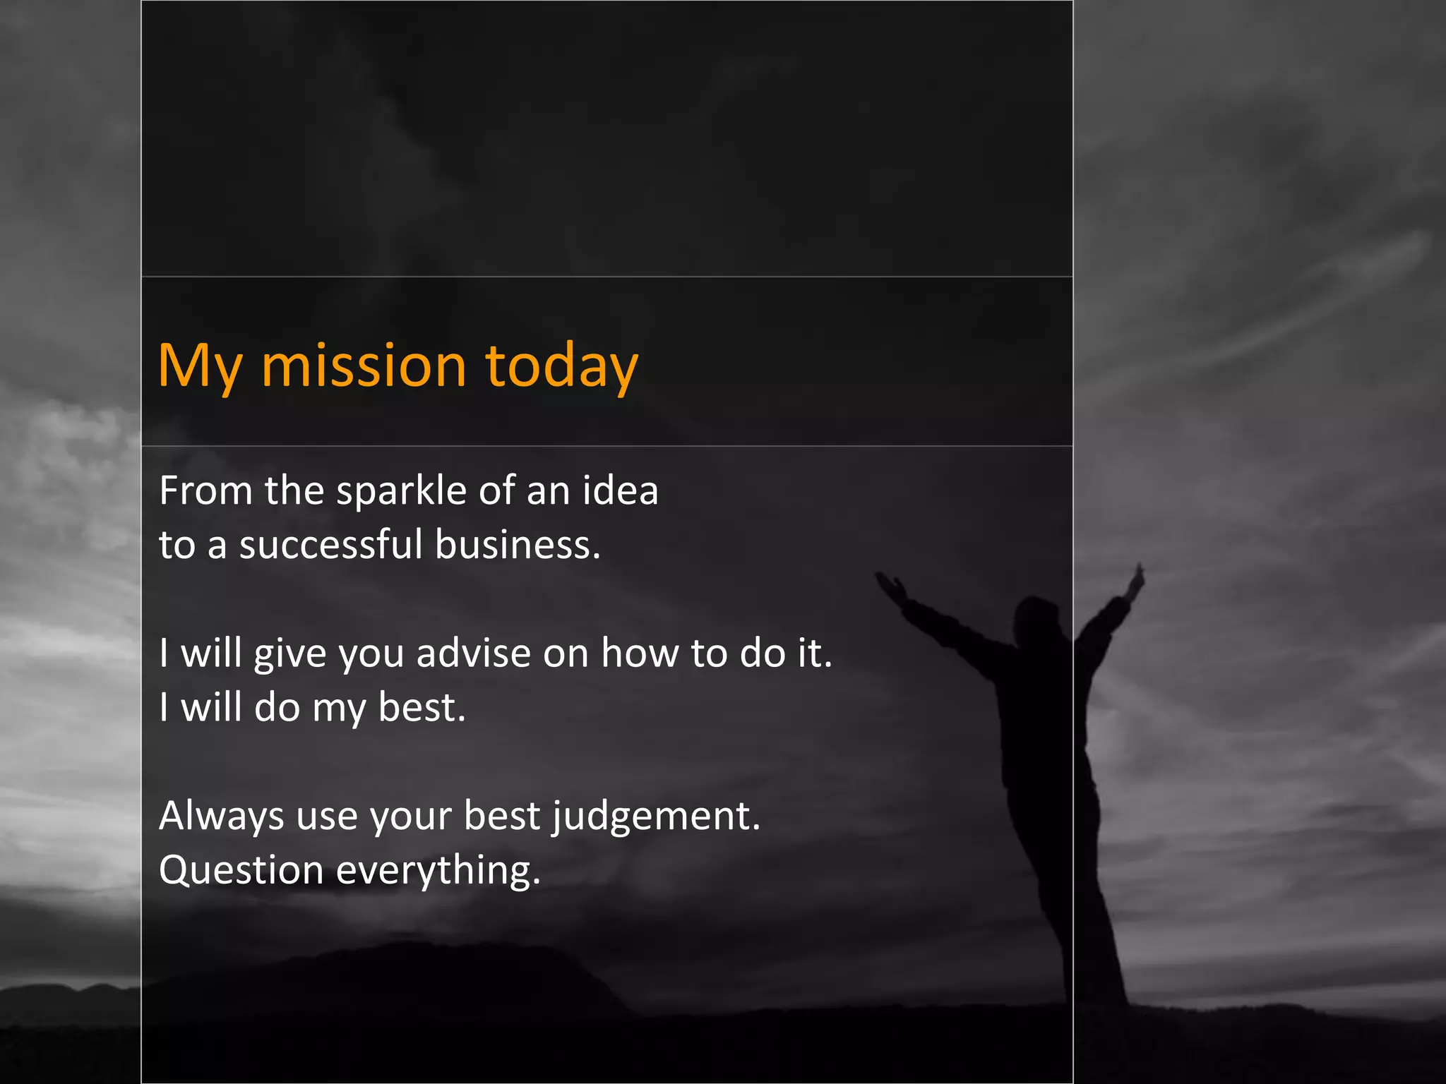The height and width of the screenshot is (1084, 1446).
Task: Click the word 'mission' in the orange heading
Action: pyautogui.click(x=364, y=366)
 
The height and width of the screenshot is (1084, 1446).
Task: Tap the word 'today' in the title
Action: pyautogui.click(x=561, y=366)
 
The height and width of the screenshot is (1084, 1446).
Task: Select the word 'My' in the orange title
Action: pyautogui.click(x=201, y=368)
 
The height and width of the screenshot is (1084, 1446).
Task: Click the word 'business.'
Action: pyautogui.click(x=518, y=545)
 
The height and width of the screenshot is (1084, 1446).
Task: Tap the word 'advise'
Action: pyautogui.click(x=473, y=653)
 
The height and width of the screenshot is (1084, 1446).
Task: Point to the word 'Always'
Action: pyautogui.click(x=222, y=817)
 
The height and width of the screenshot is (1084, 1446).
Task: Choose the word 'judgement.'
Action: pyautogui.click(x=656, y=817)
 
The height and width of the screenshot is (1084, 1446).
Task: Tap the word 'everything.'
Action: pyautogui.click(x=438, y=871)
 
